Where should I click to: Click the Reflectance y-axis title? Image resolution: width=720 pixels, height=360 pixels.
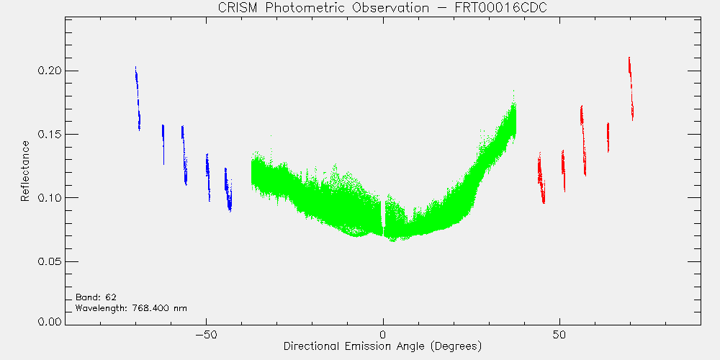click(24, 171)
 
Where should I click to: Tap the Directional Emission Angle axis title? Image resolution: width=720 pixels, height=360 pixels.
click(382, 346)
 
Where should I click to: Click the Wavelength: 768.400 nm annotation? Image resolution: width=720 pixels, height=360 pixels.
click(131, 308)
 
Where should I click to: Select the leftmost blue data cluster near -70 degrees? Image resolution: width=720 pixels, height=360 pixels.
click(138, 98)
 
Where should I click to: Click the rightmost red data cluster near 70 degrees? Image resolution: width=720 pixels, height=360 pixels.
click(631, 89)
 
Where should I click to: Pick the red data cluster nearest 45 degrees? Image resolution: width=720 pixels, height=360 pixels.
click(541, 178)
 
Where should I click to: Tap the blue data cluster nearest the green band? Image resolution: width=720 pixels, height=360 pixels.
click(228, 189)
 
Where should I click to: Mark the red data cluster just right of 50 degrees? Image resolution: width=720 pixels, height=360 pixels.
click(563, 171)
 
